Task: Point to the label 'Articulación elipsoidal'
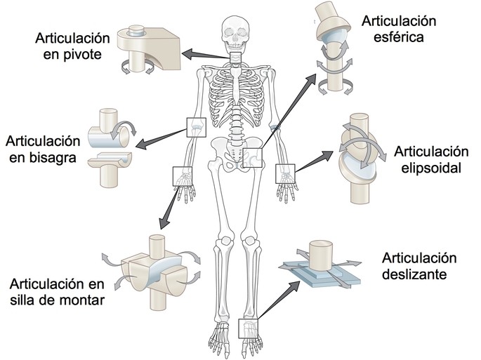coord(430,159)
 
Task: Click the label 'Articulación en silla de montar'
coord(57,292)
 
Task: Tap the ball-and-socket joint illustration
coord(331,49)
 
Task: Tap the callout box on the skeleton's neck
coord(236,60)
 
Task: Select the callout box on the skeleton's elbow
coord(195,126)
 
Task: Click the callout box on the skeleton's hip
coord(254,159)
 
